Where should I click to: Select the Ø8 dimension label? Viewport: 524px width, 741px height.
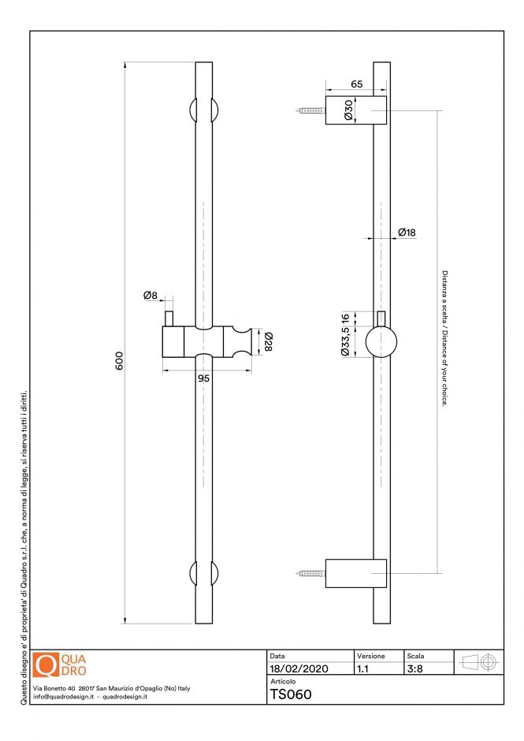(x=151, y=296)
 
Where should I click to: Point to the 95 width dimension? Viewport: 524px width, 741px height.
(x=203, y=378)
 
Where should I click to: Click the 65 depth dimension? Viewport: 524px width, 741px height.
(x=356, y=83)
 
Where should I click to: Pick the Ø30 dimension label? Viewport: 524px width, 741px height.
(x=347, y=110)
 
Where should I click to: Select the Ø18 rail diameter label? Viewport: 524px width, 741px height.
(x=407, y=233)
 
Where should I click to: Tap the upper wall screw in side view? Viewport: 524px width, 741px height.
(x=312, y=110)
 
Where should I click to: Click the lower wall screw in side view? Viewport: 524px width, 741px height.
(x=312, y=573)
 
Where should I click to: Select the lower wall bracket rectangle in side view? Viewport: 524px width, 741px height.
(x=356, y=573)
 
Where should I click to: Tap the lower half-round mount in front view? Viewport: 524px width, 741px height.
(x=203, y=573)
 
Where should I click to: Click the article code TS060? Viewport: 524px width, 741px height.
(x=291, y=694)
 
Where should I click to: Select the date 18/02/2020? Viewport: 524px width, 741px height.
(x=299, y=668)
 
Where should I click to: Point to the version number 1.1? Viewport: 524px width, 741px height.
(x=363, y=668)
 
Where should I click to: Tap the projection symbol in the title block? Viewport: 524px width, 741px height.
(x=478, y=662)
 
